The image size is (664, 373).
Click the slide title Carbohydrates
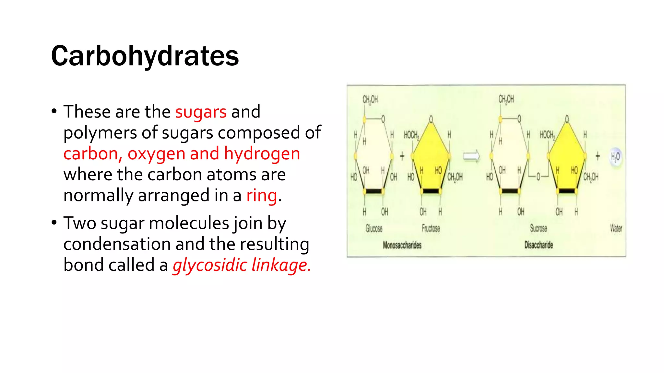(x=145, y=56)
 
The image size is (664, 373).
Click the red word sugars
(x=201, y=112)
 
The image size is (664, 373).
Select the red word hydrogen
(x=262, y=154)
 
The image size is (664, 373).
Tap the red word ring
(x=262, y=196)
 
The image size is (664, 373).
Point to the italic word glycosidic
(x=210, y=265)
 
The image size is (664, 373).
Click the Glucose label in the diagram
(x=374, y=229)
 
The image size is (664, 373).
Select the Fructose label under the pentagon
(x=431, y=229)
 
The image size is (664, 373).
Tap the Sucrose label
(x=538, y=229)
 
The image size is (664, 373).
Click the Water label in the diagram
(x=616, y=229)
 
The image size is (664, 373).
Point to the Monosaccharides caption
(x=402, y=245)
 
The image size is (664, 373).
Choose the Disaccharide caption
(x=539, y=245)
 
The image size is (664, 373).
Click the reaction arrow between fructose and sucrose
(x=471, y=157)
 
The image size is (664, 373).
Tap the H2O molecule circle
(x=615, y=157)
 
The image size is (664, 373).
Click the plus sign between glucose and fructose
(x=402, y=156)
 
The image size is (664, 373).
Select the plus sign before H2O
(x=598, y=156)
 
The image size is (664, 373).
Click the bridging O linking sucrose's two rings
(x=538, y=177)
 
